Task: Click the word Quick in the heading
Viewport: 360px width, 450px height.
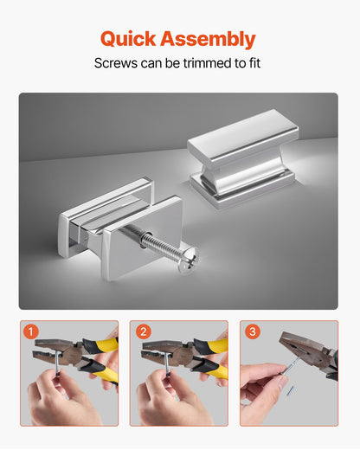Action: (128, 39)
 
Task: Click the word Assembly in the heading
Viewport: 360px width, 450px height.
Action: (208, 39)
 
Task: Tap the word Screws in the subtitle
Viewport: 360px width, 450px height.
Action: (116, 63)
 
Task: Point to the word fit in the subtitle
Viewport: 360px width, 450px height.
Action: (254, 63)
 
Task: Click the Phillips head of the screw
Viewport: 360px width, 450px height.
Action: (188, 260)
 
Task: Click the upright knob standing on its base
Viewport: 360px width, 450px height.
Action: (242, 158)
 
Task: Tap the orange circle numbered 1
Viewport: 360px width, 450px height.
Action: (31, 331)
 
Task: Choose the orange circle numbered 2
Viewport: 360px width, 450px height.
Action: (144, 331)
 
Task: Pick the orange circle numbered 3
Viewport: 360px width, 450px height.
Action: (253, 331)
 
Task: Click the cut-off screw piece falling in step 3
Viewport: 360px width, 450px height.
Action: (291, 390)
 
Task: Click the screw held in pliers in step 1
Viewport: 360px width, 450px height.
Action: (58, 362)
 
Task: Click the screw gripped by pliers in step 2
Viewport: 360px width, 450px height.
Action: (167, 363)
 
